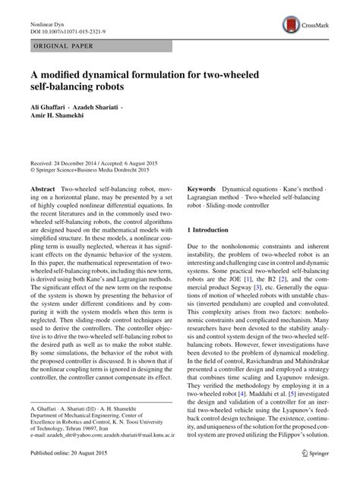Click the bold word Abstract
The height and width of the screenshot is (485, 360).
click(43, 187)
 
